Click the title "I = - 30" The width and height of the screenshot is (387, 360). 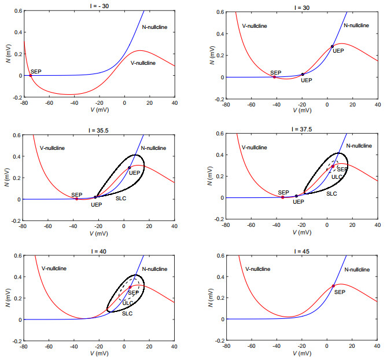click(x=98, y=4)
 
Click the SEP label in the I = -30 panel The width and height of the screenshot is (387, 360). click(x=36, y=71)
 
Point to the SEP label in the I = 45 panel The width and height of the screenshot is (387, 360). click(x=340, y=292)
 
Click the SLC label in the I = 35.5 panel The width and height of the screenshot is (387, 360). click(x=121, y=198)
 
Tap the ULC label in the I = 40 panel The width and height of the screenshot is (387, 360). click(x=128, y=303)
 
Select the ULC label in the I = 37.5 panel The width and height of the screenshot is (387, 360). click(x=336, y=176)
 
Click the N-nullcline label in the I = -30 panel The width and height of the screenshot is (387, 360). click(x=153, y=27)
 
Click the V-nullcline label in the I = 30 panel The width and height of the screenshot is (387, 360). click(x=256, y=25)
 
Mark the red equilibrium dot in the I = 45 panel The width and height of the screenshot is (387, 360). click(x=333, y=285)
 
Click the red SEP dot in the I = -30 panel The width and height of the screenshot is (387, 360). click(x=30, y=75)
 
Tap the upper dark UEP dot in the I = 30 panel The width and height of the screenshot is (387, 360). click(x=332, y=46)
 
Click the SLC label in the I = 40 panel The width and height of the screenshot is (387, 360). click(x=127, y=313)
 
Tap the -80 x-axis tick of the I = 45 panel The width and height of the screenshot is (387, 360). click(x=226, y=347)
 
